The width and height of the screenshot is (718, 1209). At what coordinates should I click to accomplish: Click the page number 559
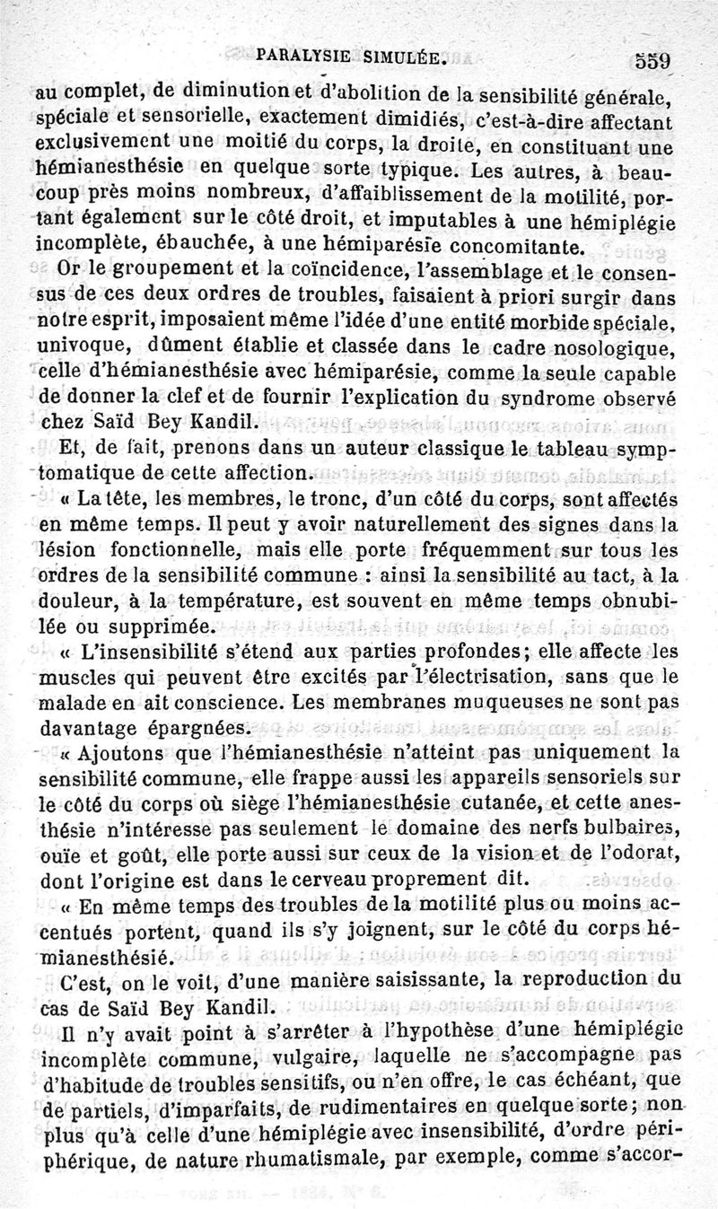(x=653, y=62)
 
